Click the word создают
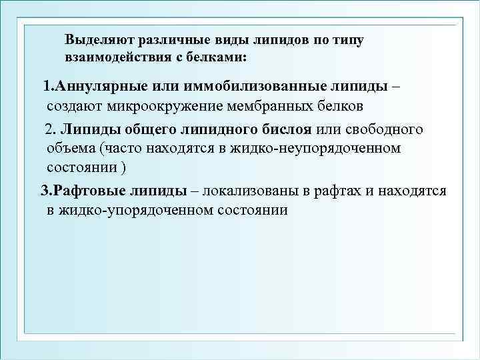coord(73,106)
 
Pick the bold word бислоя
coord(287,129)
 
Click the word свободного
coord(379,129)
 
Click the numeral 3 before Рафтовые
coord(45,191)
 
